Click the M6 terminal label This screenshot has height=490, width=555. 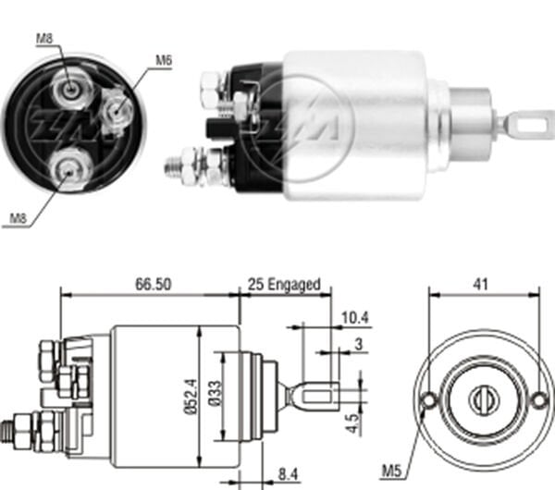(163, 60)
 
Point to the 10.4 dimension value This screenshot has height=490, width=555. (355, 319)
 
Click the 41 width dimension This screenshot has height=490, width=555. (481, 286)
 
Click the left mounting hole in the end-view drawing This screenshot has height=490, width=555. (428, 400)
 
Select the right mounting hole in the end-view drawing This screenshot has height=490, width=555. (539, 400)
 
